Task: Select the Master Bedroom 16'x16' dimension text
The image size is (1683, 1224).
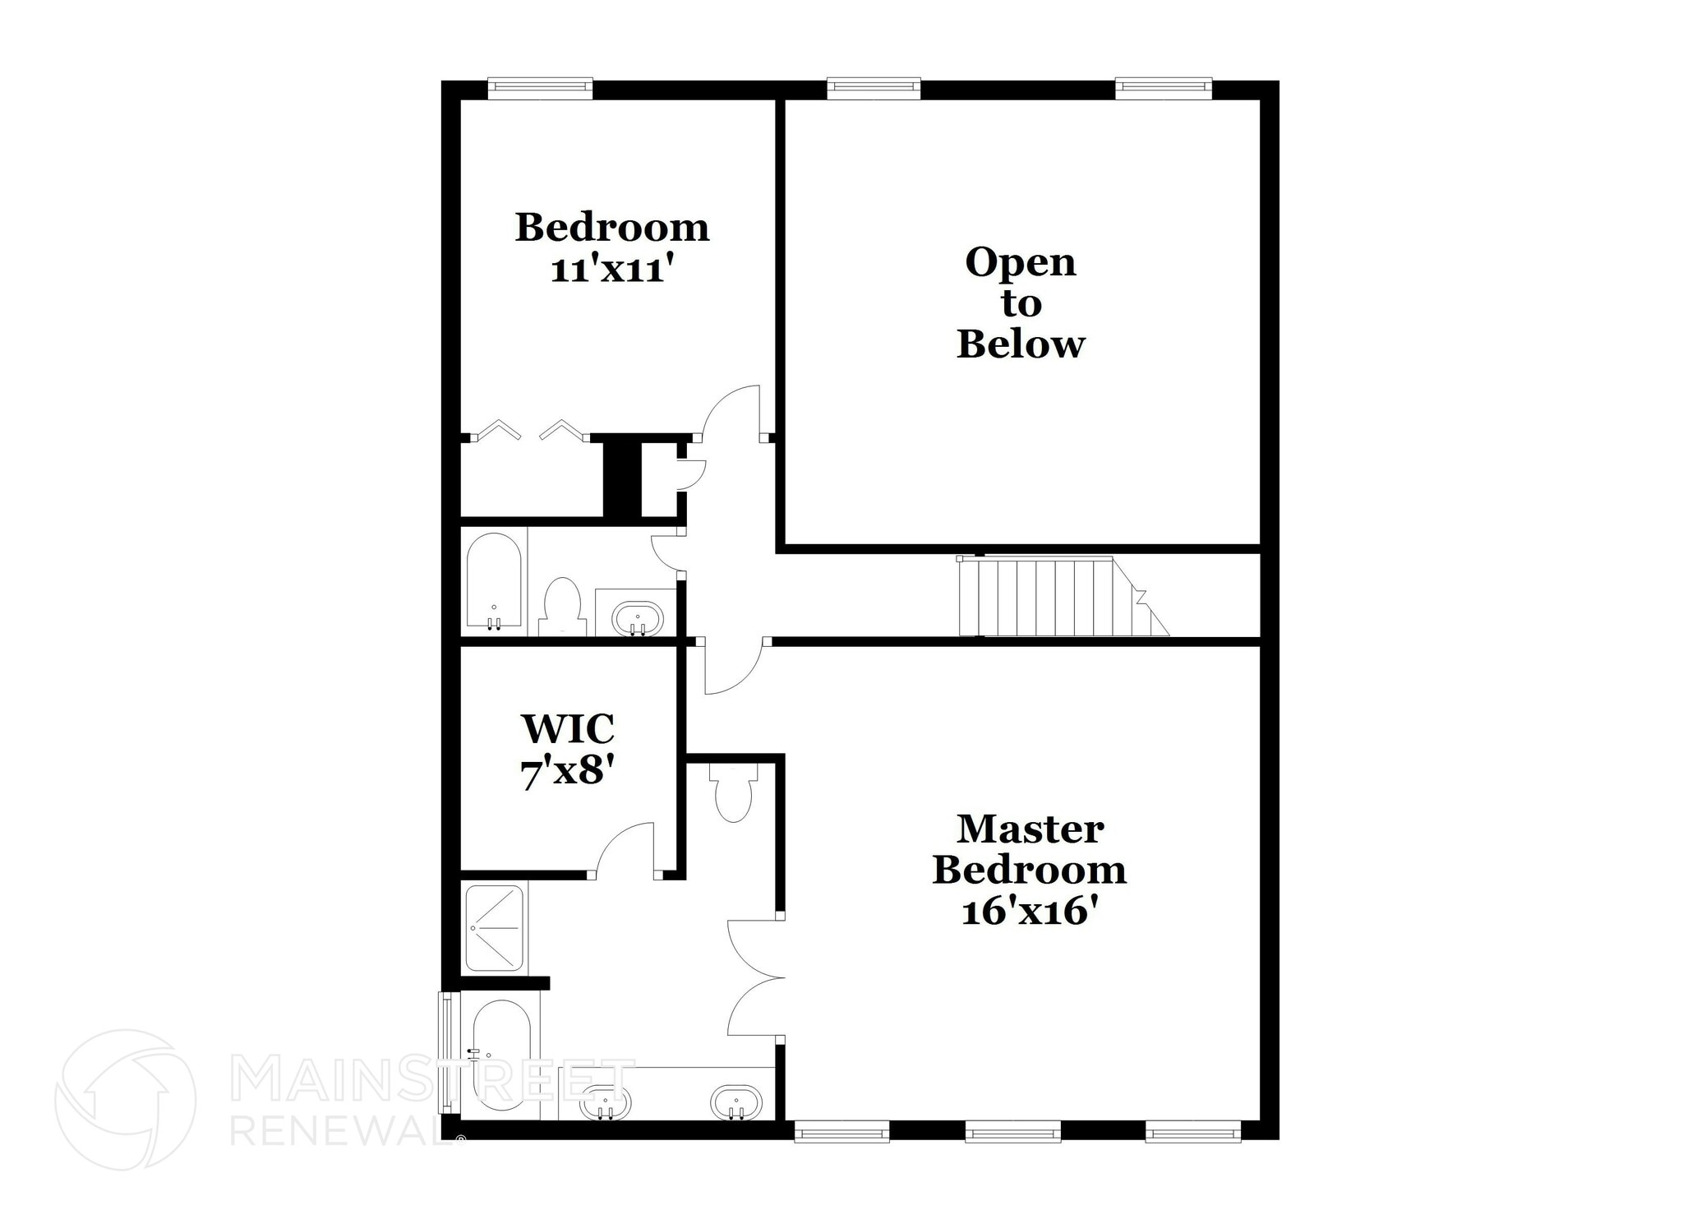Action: pos(1030,912)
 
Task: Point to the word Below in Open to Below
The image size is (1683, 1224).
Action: pos(1021,344)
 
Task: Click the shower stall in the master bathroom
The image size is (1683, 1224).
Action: pos(494,927)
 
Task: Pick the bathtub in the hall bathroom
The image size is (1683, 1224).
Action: pos(494,580)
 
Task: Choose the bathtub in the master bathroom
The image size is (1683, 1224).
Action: pos(501,1055)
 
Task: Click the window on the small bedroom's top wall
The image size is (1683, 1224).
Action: pos(540,88)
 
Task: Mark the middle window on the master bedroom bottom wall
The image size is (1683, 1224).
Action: pos(1012,1134)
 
